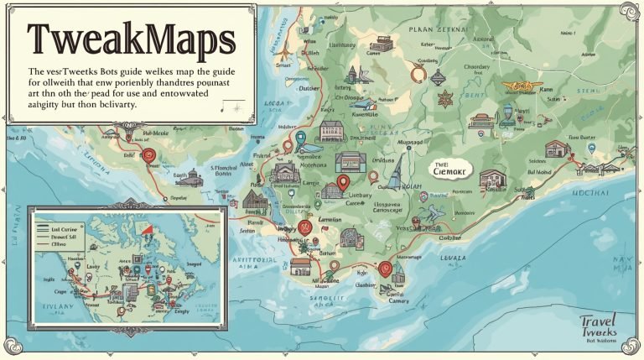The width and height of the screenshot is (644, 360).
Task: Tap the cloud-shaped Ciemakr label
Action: point(451,168)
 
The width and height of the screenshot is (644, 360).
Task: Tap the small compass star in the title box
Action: point(237,107)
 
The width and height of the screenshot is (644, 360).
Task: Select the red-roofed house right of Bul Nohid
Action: point(557,149)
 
